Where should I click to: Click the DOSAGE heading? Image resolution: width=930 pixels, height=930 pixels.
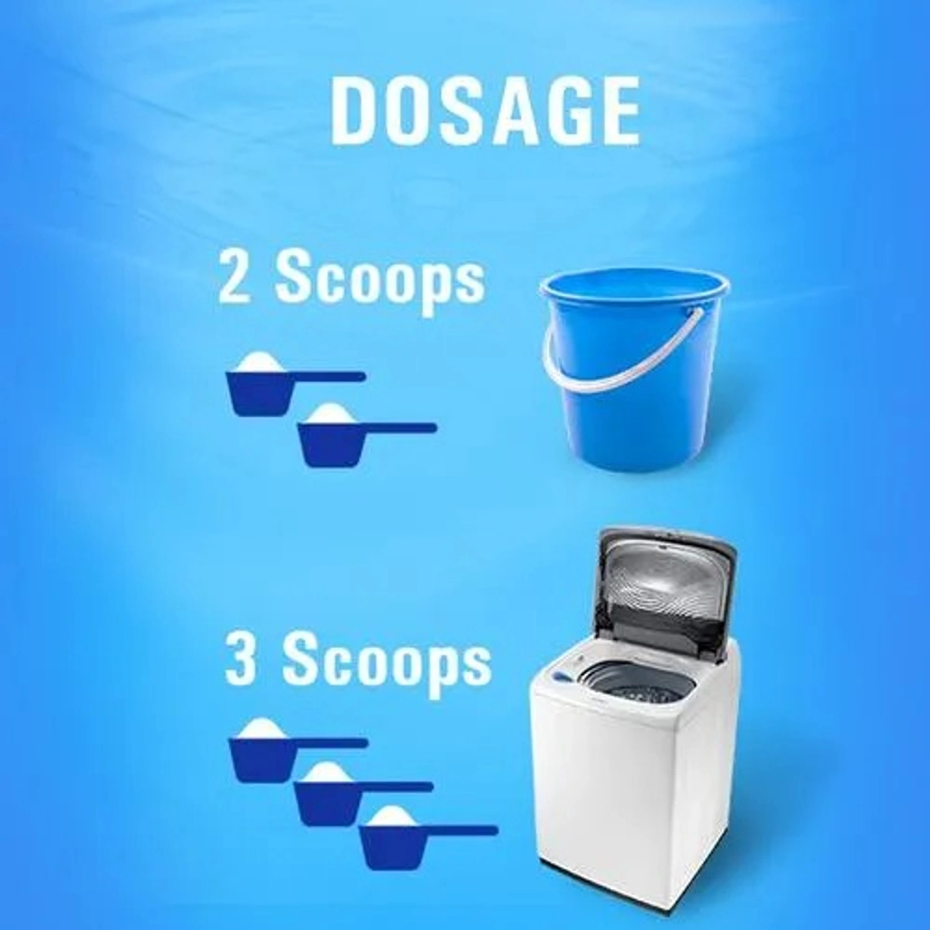(485, 111)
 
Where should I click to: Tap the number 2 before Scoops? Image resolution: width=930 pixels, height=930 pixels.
(235, 277)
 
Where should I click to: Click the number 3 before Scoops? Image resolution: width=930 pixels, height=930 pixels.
(241, 660)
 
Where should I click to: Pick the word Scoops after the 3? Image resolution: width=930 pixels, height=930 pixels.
(386, 663)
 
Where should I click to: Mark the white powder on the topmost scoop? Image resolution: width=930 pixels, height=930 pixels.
(260, 362)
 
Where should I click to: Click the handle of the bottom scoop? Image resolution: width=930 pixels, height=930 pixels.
(457, 830)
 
